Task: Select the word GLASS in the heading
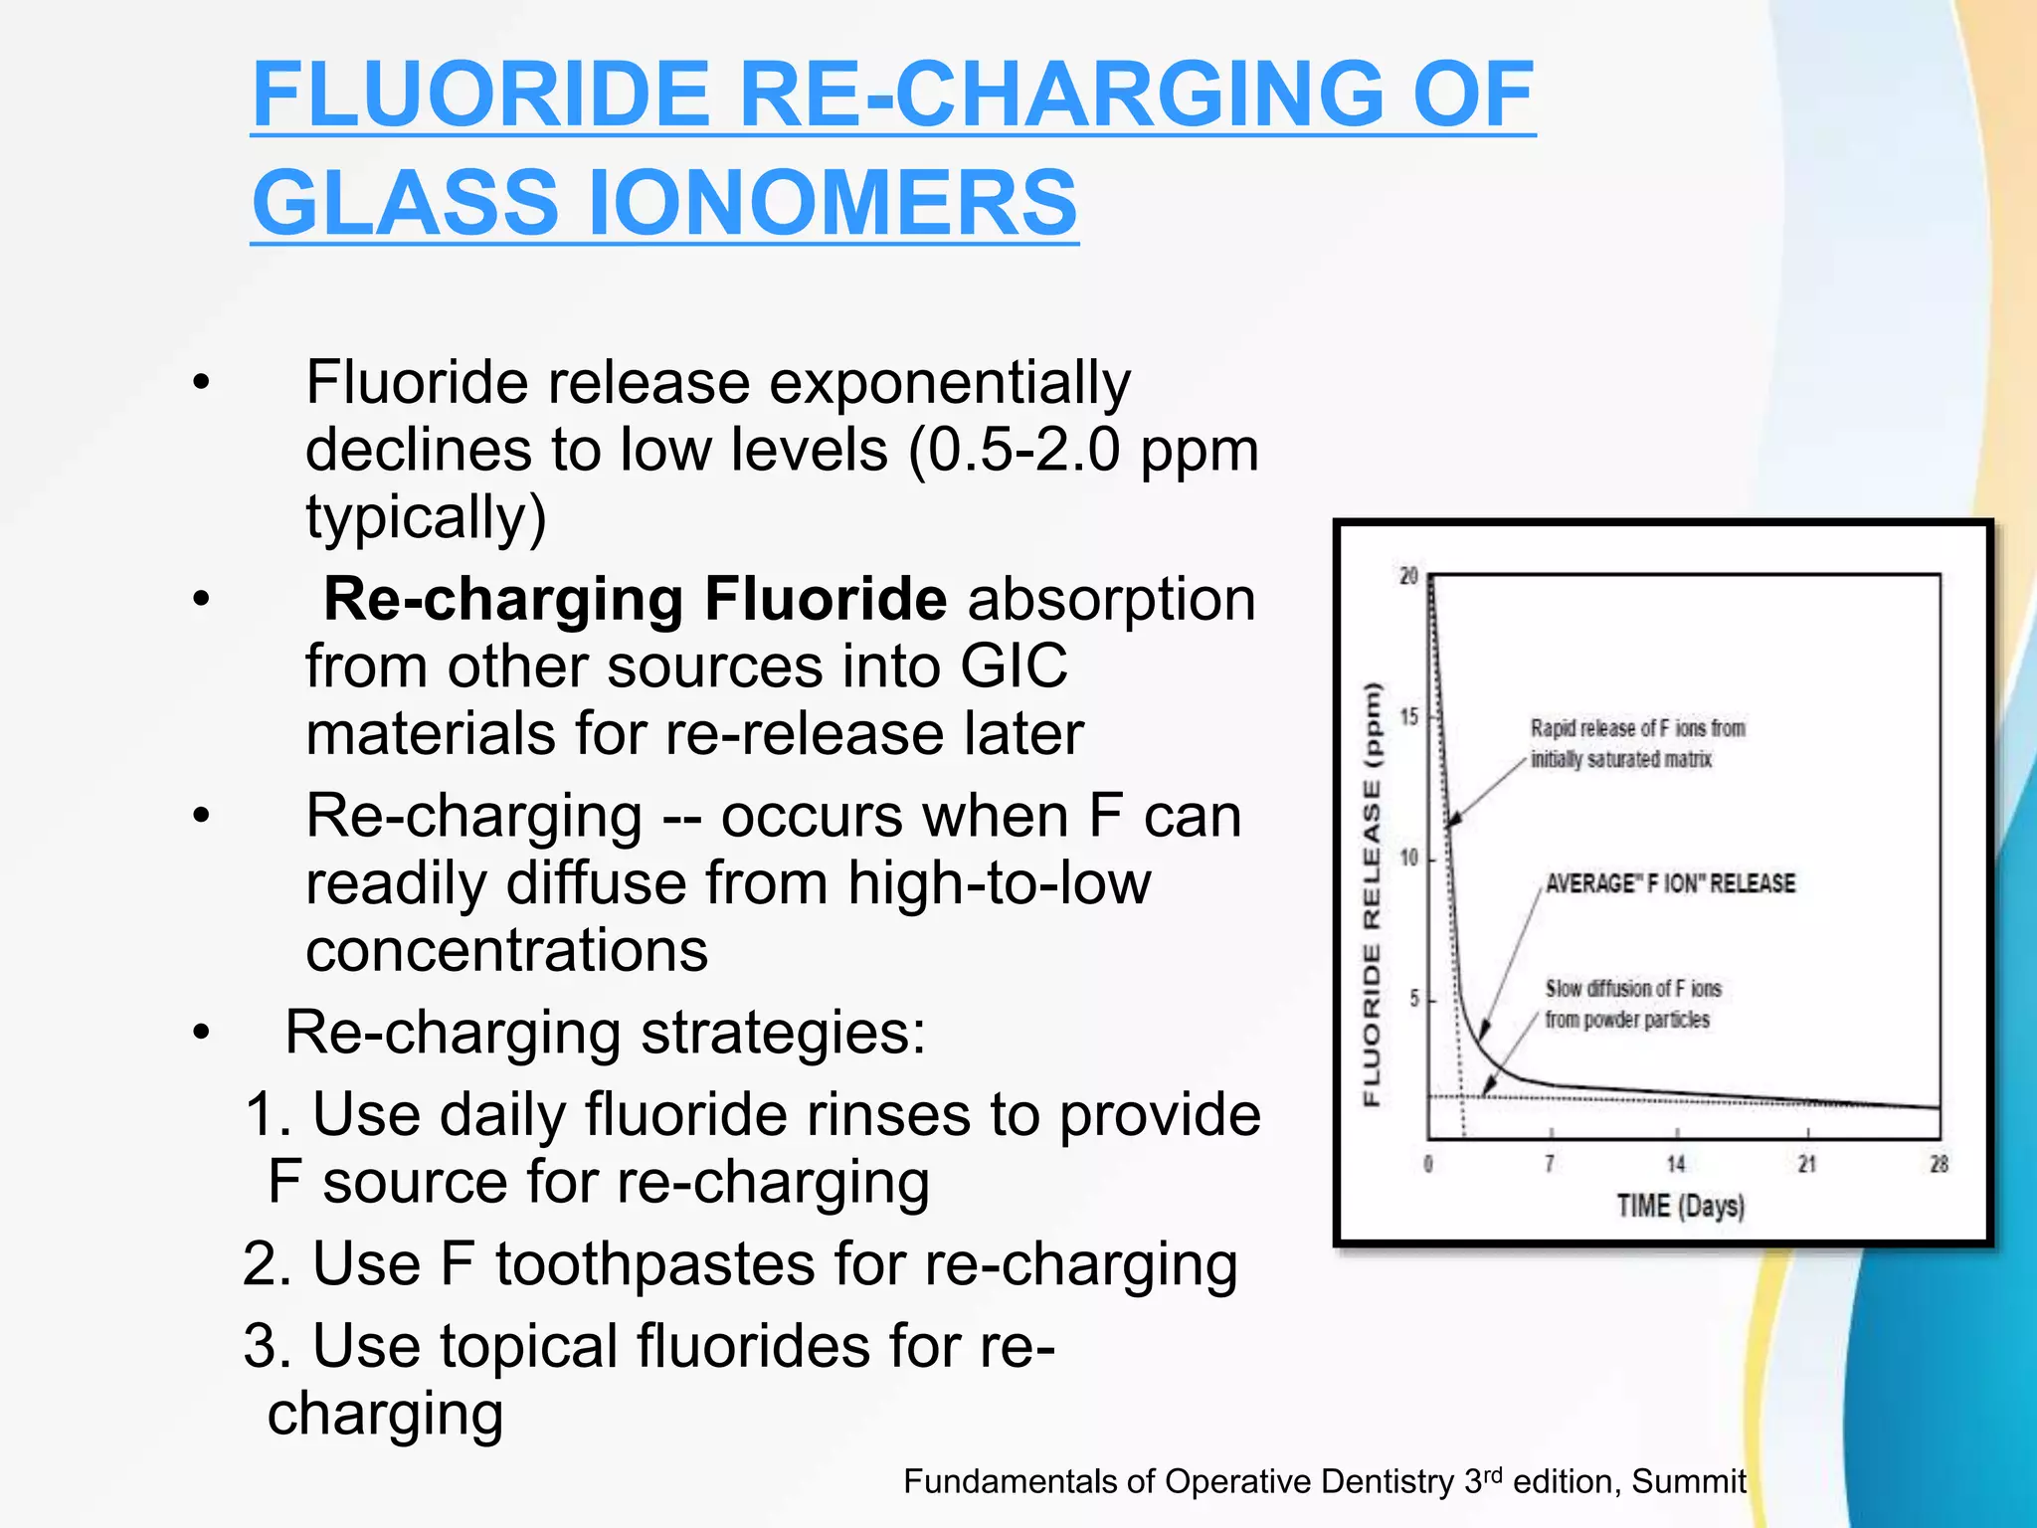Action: coord(404,203)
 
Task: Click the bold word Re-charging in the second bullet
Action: coord(503,599)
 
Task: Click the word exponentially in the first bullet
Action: coord(950,383)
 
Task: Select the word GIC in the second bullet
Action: coord(1014,666)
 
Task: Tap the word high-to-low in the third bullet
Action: coord(999,882)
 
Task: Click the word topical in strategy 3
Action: coord(529,1346)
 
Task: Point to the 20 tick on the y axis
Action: coord(1408,577)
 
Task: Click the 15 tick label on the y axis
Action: coord(1408,717)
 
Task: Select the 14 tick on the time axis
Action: coord(1676,1164)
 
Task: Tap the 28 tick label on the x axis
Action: coord(1939,1164)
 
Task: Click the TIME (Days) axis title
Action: coord(1680,1207)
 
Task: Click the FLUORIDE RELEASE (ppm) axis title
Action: coord(1373,893)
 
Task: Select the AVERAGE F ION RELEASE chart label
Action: coord(1670,883)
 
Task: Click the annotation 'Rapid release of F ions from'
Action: coord(1637,728)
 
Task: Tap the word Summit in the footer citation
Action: coord(1689,1482)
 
